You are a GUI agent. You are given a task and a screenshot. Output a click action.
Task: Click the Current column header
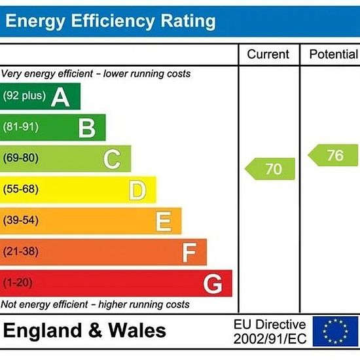click(268, 54)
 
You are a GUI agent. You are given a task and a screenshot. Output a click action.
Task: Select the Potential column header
click(334, 54)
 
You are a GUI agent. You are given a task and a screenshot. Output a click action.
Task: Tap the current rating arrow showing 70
click(270, 169)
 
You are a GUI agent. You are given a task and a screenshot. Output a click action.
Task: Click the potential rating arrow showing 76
click(333, 155)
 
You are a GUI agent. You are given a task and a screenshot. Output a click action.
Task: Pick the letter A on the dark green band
click(60, 98)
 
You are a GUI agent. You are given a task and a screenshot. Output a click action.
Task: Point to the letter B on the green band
click(87, 128)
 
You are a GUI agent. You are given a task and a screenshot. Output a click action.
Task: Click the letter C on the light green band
click(112, 159)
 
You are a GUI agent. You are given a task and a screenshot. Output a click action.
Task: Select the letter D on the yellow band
click(137, 190)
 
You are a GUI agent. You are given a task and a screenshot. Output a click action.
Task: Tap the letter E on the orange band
click(164, 221)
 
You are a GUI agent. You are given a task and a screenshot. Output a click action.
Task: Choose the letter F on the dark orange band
click(189, 253)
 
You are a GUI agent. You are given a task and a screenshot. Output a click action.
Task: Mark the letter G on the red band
click(213, 284)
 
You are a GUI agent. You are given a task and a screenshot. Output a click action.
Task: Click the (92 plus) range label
click(24, 96)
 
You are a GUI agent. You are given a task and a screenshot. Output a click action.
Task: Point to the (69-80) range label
click(21, 158)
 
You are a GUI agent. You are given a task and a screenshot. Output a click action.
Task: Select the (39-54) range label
click(21, 220)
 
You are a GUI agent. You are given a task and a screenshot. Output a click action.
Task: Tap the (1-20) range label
click(18, 282)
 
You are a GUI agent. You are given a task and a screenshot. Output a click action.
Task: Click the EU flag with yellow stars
click(335, 331)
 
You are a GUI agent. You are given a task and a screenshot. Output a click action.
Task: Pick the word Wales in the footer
click(137, 331)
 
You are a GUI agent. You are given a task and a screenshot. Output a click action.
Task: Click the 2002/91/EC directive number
click(270, 338)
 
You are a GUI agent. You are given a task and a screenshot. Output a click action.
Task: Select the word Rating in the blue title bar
click(188, 22)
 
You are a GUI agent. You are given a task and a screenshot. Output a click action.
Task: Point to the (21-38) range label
click(21, 251)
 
